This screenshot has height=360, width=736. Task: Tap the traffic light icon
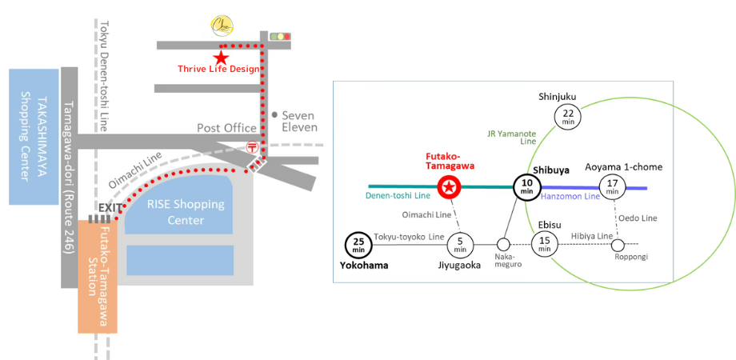coord(280,37)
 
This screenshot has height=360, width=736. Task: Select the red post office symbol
coord(251,147)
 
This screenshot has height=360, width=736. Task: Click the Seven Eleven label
coord(299,122)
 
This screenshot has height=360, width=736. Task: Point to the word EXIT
coord(111,208)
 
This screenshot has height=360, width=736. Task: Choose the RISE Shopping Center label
coord(186,212)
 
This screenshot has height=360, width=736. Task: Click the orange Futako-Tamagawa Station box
coord(98,277)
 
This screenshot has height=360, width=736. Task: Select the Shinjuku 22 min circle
coord(568,117)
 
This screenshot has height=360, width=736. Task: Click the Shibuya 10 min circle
coord(526,188)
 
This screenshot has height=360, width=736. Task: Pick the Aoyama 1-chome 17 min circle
coord(613,186)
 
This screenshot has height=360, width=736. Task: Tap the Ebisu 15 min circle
coord(546,243)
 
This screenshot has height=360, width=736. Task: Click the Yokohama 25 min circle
coord(357,244)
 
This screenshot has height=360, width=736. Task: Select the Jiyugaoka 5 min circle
coord(460,243)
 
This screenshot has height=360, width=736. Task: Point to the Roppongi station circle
coord(617,243)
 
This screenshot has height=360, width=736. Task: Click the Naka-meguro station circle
coord(503,244)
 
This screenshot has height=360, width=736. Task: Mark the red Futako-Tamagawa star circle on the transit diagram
coord(450,188)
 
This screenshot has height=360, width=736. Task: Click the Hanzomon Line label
coord(570,196)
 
